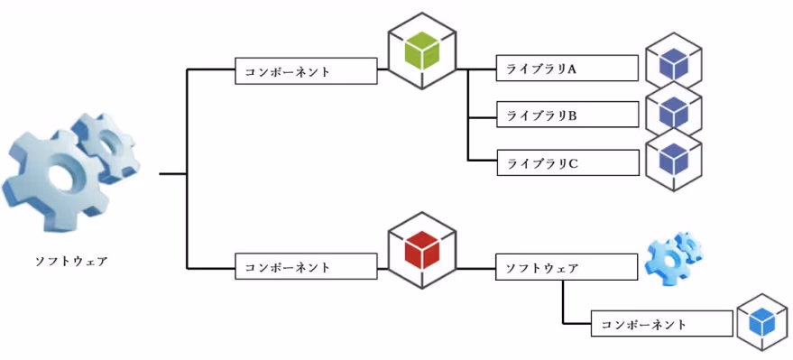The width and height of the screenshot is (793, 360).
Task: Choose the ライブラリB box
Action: point(567,115)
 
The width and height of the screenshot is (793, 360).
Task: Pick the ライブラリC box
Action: point(567,163)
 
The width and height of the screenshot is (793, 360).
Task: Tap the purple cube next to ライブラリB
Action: point(674,112)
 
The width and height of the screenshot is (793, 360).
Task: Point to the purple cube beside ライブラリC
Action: point(674,161)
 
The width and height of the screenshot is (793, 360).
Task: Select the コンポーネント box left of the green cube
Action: point(306,71)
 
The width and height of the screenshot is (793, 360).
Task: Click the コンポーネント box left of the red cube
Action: point(306,268)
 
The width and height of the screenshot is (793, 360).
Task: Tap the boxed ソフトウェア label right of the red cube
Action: point(567,268)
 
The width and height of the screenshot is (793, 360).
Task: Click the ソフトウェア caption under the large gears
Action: point(71,262)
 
